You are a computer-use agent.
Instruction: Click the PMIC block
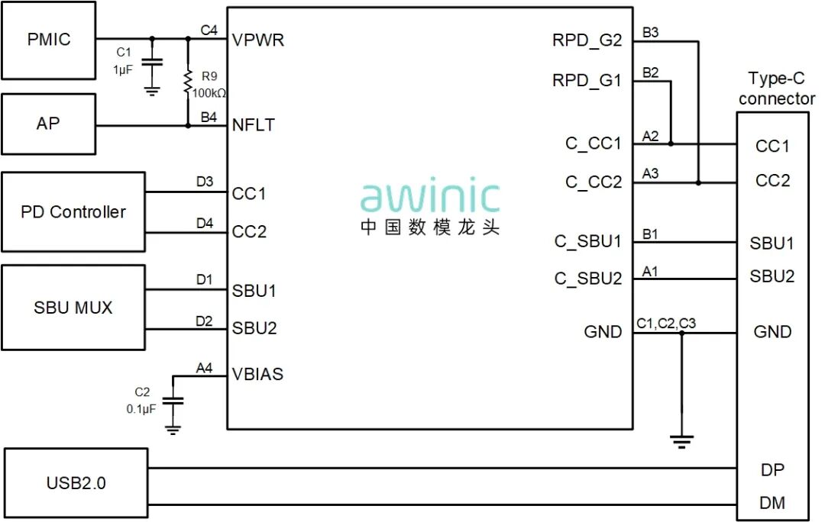(x=48, y=40)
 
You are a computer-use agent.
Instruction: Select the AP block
(x=48, y=123)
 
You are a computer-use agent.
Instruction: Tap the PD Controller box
(x=73, y=211)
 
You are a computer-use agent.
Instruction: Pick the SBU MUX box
(x=73, y=307)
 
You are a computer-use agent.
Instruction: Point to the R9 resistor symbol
(x=187, y=82)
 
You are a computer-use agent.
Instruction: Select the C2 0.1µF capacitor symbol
(x=173, y=400)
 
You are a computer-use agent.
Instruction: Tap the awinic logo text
(x=430, y=196)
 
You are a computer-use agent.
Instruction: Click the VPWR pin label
(x=258, y=40)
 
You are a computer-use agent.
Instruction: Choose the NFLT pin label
(x=254, y=124)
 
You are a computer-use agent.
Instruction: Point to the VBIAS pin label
(x=257, y=374)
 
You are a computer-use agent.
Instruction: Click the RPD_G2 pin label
(x=587, y=40)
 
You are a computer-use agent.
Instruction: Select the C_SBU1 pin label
(x=588, y=241)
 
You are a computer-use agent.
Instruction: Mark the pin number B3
(x=651, y=33)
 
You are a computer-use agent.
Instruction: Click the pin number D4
(x=204, y=223)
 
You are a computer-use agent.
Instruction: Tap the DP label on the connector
(x=772, y=469)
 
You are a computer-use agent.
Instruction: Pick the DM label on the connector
(x=772, y=503)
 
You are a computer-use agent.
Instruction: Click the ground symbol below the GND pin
(x=681, y=440)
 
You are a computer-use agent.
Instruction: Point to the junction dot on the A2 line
(x=671, y=143)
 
